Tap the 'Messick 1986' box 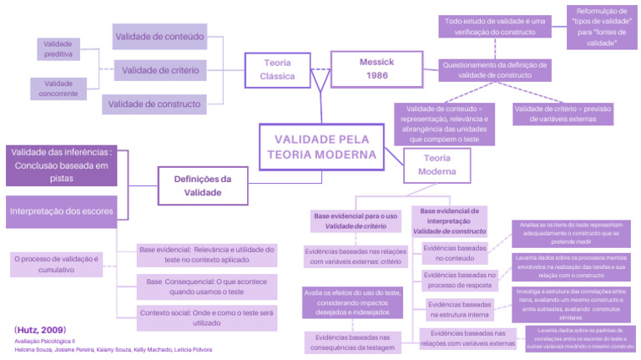[376, 69]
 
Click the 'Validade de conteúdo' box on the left [159, 36]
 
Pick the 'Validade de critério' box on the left [159, 70]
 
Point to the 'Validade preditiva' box [58, 48]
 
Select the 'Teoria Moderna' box [442, 165]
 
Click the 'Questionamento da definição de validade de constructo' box [494, 70]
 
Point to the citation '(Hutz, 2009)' [40, 330]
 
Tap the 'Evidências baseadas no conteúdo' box [455, 253]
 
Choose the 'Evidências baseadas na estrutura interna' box [460, 310]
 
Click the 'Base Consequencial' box [206, 287]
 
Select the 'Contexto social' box [206, 316]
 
